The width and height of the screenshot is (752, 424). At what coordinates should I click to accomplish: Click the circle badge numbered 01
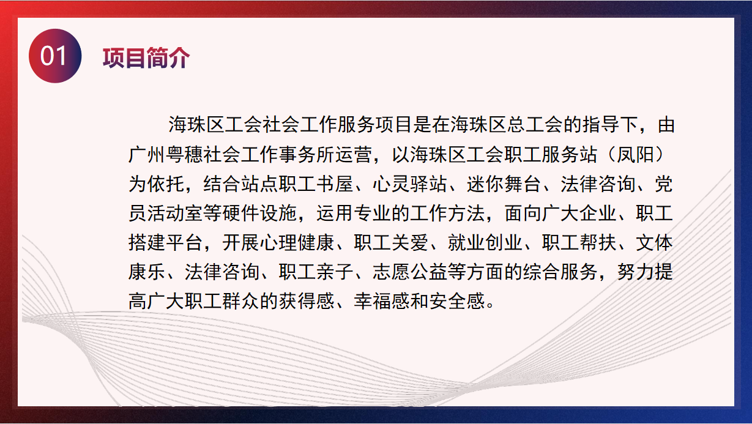(x=55, y=56)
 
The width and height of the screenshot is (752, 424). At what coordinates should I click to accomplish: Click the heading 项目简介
(x=146, y=58)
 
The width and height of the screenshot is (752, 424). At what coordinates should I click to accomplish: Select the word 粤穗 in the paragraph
(x=184, y=155)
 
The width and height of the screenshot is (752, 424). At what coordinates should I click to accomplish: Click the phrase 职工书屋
(x=316, y=184)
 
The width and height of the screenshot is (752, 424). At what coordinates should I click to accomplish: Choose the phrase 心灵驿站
(x=410, y=184)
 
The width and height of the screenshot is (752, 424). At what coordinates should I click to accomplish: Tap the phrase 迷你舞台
(x=504, y=184)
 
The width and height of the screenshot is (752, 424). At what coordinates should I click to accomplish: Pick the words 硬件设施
(x=260, y=213)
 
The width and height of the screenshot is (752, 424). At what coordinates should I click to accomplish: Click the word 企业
(x=598, y=213)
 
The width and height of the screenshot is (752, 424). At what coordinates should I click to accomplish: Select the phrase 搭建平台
(x=166, y=243)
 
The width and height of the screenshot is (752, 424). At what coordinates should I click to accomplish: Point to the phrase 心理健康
(x=297, y=243)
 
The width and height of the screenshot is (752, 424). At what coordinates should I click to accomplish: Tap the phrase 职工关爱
(x=392, y=243)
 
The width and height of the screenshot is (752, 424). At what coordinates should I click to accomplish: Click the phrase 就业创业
(x=485, y=243)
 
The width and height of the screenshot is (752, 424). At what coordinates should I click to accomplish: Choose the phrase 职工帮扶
(x=579, y=243)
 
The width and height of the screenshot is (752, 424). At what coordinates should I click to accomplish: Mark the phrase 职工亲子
(x=316, y=272)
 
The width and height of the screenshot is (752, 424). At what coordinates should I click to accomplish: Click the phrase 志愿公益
(x=410, y=272)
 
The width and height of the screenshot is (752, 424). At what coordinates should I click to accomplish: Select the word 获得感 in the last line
(x=307, y=301)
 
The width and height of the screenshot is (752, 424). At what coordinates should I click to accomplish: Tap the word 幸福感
(x=382, y=301)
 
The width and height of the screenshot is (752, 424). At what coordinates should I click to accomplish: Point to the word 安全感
(x=457, y=301)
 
